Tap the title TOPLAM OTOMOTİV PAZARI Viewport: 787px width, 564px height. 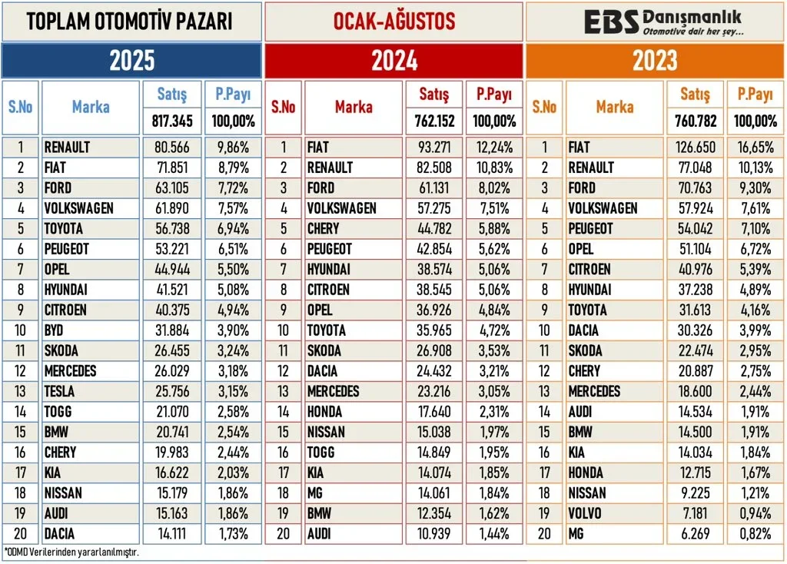pyautogui.click(x=130, y=22)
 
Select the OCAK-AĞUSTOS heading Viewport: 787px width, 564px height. pyautogui.click(x=394, y=22)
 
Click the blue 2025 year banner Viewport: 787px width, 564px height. pyautogui.click(x=131, y=61)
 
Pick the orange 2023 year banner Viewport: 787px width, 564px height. pyautogui.click(x=655, y=61)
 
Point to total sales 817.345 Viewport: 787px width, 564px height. pyautogui.click(x=172, y=121)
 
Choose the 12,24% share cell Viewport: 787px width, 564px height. pyautogui.click(x=493, y=148)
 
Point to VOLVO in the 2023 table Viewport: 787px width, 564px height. pyautogui.click(x=586, y=513)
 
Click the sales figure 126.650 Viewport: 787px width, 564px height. pyautogui.click(x=695, y=148)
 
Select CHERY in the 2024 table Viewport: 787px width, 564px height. pyautogui.click(x=324, y=228)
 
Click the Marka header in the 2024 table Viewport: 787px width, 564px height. pyautogui.click(x=354, y=108)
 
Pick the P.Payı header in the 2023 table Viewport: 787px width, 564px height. pyautogui.click(x=754, y=95)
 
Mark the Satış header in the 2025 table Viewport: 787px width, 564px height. pyautogui.click(x=172, y=95)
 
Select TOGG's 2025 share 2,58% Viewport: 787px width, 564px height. pyautogui.click(x=231, y=411)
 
